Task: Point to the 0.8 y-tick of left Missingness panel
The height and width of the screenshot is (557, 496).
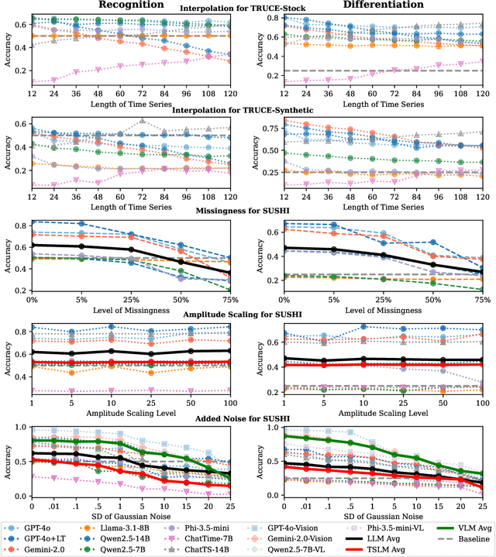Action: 17,225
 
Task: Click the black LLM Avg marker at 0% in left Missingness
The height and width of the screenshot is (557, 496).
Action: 33,245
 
